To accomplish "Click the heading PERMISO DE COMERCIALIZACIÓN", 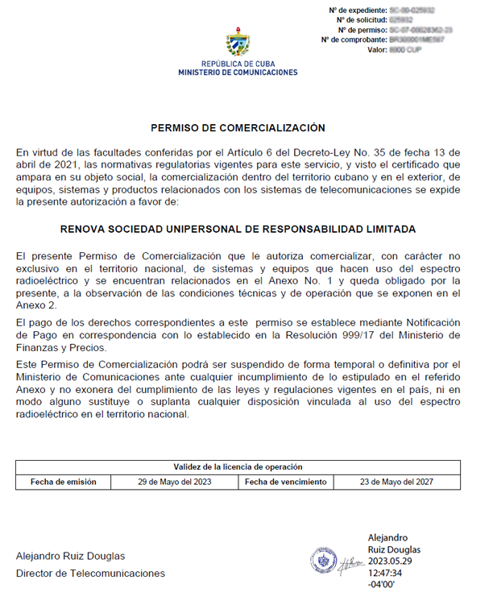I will click(238, 127).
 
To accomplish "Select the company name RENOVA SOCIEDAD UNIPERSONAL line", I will click(238, 229).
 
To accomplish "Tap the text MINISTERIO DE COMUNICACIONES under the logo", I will click(238, 72).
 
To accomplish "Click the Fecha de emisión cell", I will click(64, 482).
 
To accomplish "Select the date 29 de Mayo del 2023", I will click(174, 482).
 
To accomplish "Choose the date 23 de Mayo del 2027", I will click(396, 482).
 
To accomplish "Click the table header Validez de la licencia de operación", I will click(238, 467).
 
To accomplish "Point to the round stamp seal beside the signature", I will click(324, 561).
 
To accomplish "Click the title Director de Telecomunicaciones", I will click(90, 574).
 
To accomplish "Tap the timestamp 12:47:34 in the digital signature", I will click(384, 574).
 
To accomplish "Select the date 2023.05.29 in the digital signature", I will click(391, 561).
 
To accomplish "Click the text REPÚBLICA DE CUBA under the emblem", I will click(238, 64).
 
